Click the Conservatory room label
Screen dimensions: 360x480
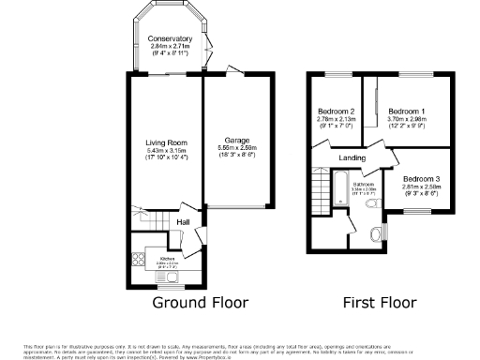click(x=169, y=38)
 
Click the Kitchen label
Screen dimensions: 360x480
click(x=168, y=257)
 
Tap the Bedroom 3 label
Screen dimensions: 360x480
click(x=422, y=178)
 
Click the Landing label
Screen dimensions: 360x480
click(x=352, y=158)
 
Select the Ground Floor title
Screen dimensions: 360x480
click(x=201, y=303)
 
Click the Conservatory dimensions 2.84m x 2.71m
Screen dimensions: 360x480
click(x=169, y=46)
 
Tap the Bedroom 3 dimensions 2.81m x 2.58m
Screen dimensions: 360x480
click(x=422, y=186)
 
